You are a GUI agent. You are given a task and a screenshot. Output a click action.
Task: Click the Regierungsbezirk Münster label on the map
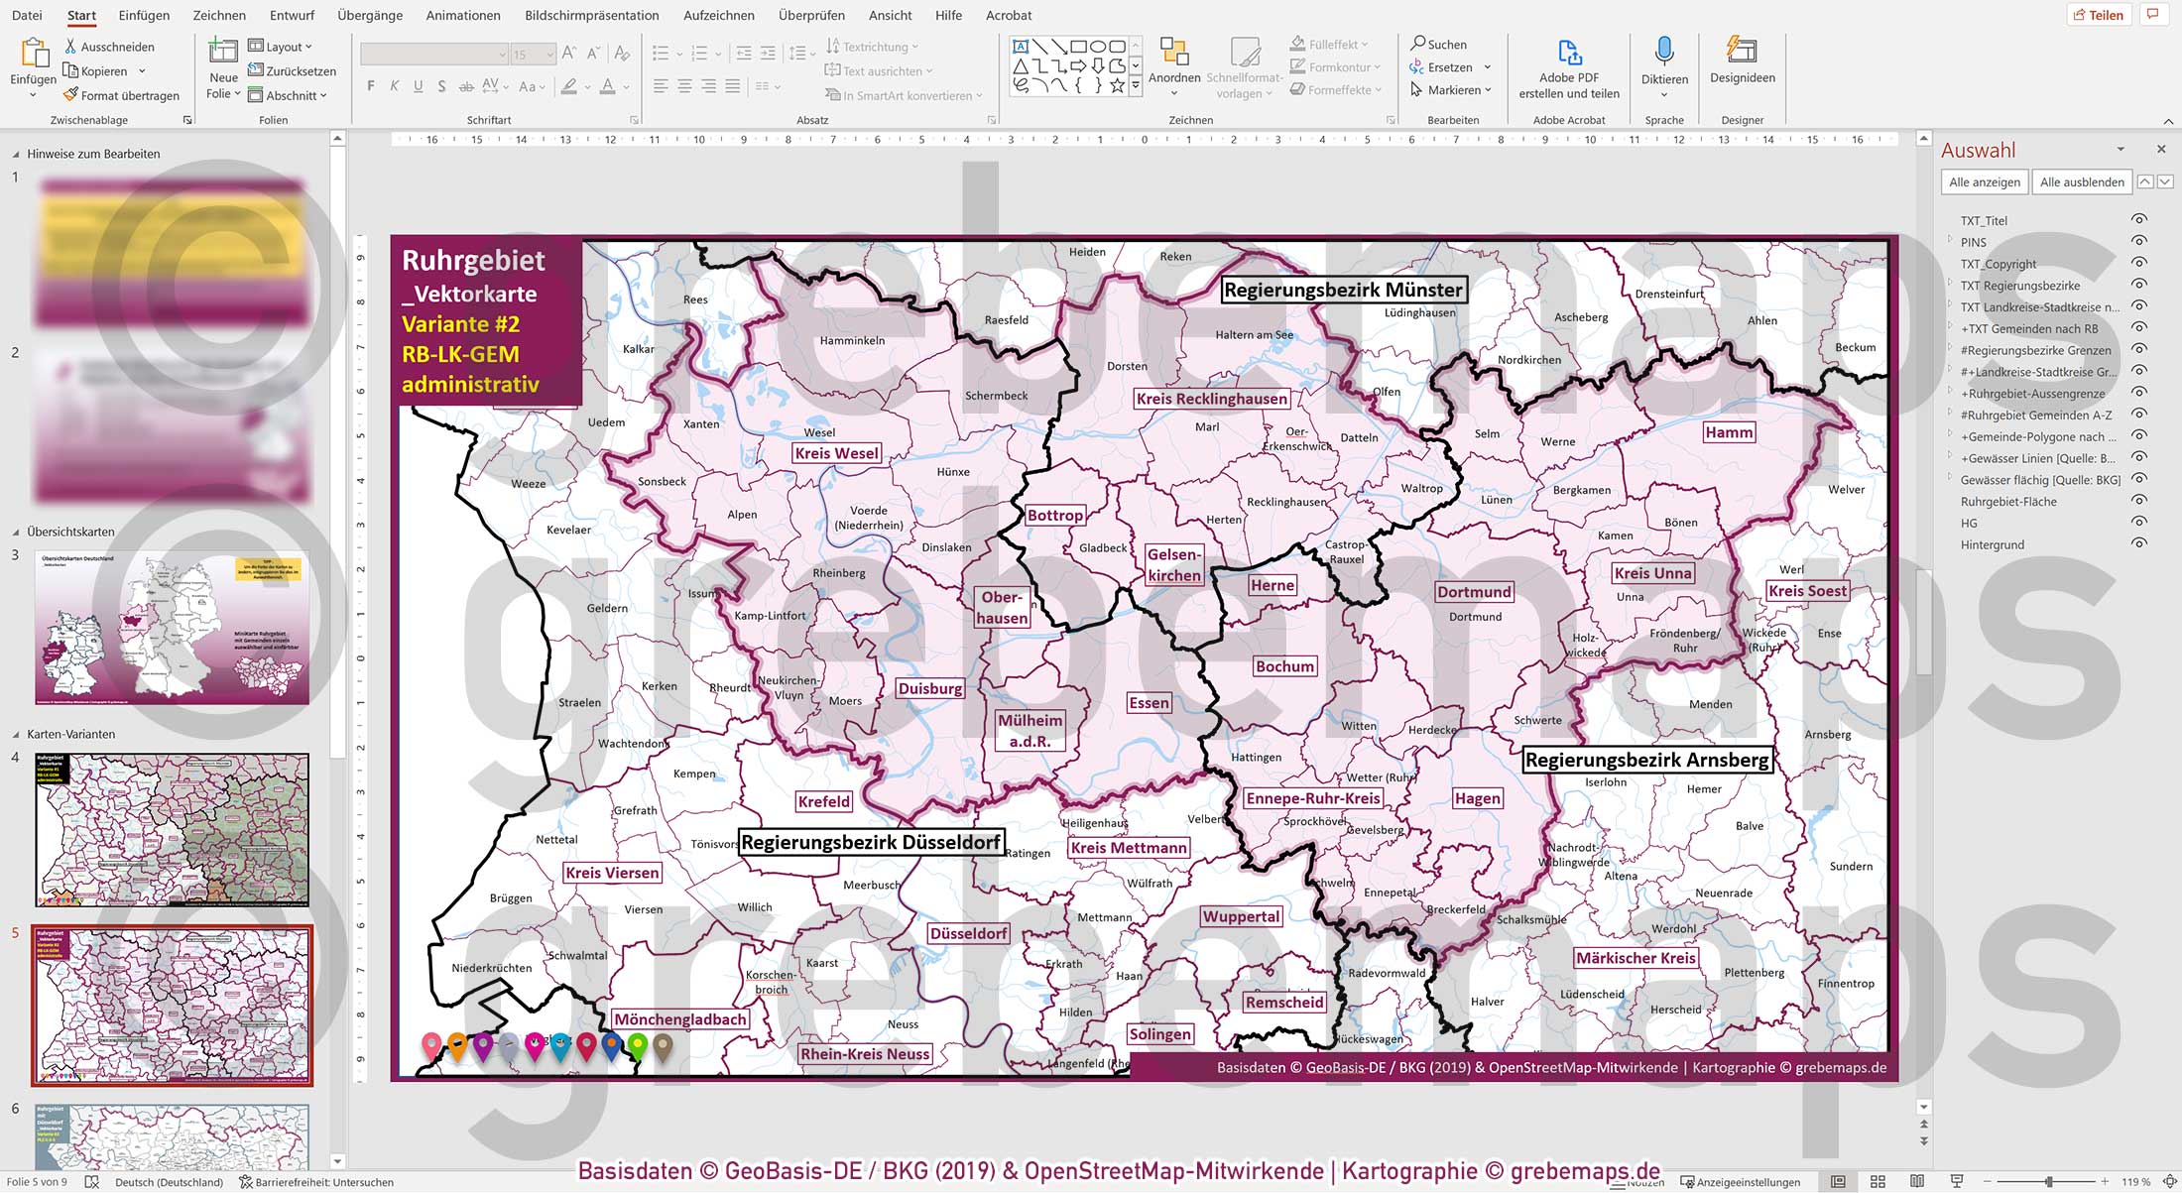(x=1343, y=290)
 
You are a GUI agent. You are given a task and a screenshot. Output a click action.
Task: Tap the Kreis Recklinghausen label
(x=1211, y=399)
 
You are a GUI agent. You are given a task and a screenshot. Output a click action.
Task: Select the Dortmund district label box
(x=1474, y=592)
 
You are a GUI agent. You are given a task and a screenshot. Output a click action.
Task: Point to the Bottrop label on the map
(x=1054, y=515)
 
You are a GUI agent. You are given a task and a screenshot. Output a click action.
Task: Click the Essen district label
(x=1149, y=703)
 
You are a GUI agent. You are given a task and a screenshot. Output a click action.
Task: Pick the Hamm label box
(x=1729, y=432)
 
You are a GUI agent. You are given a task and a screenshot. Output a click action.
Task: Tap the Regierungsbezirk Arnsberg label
(x=1646, y=760)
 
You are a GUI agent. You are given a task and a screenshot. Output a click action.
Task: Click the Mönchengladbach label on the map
(x=679, y=1019)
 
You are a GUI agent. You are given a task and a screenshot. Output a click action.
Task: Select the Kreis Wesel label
(x=836, y=453)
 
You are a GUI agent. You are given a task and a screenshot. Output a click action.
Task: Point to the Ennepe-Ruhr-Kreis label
(x=1313, y=798)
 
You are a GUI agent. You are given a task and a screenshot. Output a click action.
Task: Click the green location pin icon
(x=638, y=1044)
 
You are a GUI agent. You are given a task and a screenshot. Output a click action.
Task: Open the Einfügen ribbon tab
(x=144, y=15)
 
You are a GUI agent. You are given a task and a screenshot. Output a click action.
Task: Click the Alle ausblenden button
(x=2082, y=181)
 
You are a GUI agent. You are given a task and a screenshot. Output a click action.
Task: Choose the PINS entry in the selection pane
(x=1973, y=242)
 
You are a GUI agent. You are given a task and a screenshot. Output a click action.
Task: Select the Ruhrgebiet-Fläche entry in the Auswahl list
(x=2008, y=502)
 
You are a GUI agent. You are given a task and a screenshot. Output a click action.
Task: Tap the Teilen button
(x=2098, y=15)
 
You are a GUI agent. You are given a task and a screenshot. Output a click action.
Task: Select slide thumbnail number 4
(x=172, y=829)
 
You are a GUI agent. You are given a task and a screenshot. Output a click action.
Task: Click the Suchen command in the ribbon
(x=1439, y=45)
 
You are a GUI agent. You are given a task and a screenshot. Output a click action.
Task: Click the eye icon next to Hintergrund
(x=2139, y=543)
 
